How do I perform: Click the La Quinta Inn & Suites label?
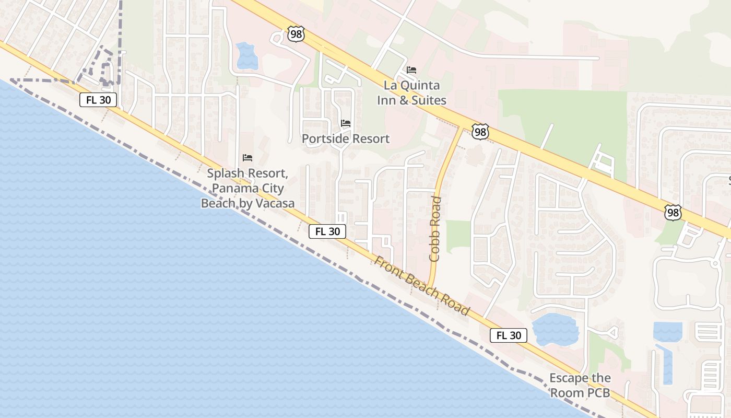coord(412,92)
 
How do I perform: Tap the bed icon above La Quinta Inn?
coord(411,69)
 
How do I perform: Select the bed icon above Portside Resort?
coord(346,123)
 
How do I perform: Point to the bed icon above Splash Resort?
coord(247,158)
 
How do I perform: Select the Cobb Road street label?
coord(435,229)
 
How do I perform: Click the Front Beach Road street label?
coord(422,286)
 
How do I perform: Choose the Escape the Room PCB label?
coord(580,385)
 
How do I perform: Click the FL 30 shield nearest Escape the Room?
coord(508,335)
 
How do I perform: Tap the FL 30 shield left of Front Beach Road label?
coord(327,231)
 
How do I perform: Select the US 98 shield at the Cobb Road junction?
coord(480,132)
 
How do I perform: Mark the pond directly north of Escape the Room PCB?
coord(555,329)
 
